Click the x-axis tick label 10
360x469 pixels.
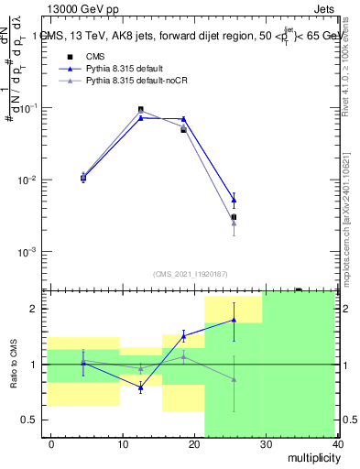[122, 444]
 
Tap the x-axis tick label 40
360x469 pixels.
[337, 444]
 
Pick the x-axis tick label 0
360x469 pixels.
[51, 444]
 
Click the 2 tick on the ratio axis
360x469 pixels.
[32, 309]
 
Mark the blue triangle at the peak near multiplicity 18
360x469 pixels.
[183, 119]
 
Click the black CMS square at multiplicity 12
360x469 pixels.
[140, 109]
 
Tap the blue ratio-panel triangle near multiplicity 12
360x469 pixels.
[140, 388]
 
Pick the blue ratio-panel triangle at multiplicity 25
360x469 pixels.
[234, 320]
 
